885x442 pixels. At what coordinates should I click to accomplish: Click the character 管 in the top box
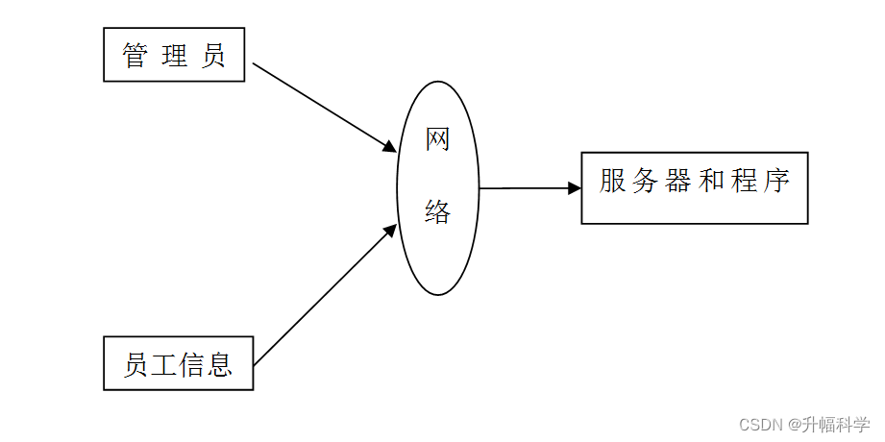coord(135,56)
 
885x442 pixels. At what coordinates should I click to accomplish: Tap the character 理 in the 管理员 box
coord(175,56)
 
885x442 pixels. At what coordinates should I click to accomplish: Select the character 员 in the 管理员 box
coord(213,56)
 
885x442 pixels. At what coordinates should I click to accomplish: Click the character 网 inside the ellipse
coord(438,140)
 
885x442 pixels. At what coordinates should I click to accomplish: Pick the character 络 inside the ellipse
coord(438,212)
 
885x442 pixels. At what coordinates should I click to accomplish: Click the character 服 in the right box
coord(613,181)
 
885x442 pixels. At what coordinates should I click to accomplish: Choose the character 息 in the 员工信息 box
coord(220,364)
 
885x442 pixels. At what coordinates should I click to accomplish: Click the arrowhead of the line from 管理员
coord(389,147)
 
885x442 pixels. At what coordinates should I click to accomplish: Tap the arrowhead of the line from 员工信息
coord(390,230)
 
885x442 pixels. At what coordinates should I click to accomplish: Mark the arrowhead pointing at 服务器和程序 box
coord(575,188)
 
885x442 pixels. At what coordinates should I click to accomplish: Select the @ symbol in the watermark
coord(796,424)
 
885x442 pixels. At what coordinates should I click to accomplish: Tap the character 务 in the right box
coord(646,181)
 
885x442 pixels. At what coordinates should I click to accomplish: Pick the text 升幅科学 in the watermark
coord(836,424)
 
